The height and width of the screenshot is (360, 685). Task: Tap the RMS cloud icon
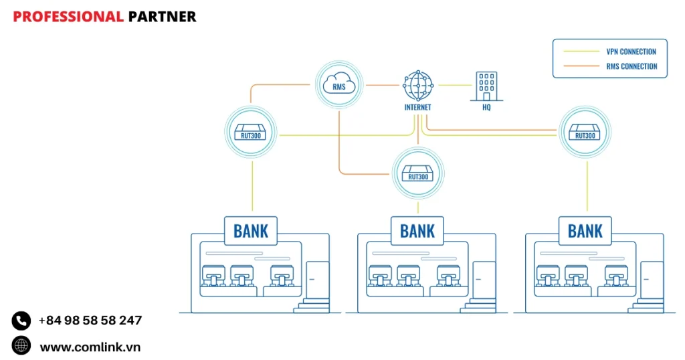[x=339, y=85]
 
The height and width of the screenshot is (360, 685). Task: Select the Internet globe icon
[x=418, y=86]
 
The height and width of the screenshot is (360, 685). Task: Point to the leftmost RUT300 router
[x=252, y=132]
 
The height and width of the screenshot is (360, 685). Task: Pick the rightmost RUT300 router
[x=585, y=132]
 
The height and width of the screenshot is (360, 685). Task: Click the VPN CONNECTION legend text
[x=631, y=52]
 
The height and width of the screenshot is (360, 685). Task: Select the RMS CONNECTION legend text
[x=631, y=66]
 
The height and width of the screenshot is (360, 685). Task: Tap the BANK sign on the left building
[x=251, y=231]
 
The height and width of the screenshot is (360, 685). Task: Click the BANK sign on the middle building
[x=417, y=231]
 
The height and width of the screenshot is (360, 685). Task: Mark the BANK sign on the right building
[x=585, y=231]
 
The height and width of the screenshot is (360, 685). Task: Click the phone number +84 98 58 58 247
[x=90, y=321]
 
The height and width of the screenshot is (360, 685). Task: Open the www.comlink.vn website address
[x=90, y=347]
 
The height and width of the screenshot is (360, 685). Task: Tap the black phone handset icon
[x=21, y=321]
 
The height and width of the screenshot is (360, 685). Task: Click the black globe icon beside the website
[x=21, y=346]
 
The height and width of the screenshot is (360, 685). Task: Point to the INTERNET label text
[x=418, y=107]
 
